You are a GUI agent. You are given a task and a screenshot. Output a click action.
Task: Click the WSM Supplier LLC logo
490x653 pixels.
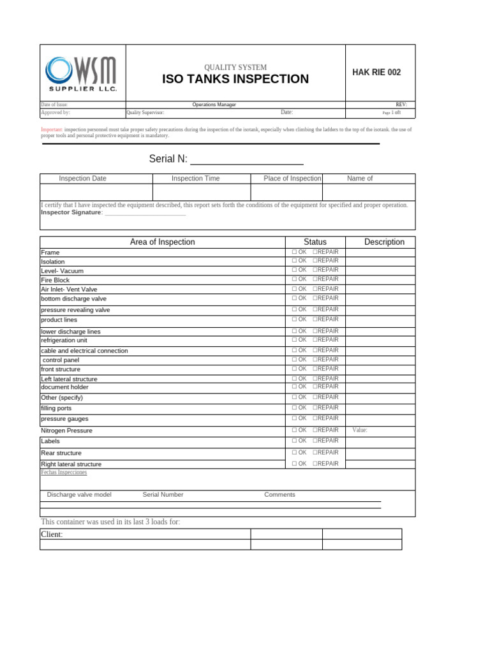point(82,73)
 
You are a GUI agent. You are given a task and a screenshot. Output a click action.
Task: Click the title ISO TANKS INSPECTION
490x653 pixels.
point(235,79)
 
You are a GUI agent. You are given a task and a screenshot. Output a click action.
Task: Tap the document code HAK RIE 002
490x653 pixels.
point(376,73)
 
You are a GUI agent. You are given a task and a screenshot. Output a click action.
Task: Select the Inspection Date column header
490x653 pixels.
point(82,179)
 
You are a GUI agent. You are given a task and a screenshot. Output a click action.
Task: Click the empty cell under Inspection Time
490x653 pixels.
point(201,193)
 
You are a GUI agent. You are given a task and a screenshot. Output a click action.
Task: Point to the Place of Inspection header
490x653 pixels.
point(292,179)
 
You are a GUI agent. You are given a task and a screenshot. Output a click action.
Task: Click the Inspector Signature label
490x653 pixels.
point(71,212)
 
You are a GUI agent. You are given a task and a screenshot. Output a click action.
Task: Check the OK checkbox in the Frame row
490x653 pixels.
point(294,252)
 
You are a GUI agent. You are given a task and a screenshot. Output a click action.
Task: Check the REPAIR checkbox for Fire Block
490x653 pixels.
point(315,279)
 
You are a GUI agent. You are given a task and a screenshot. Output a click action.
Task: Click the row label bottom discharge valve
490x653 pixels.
point(73,298)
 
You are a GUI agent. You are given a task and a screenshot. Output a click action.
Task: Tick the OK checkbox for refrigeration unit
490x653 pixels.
point(294,340)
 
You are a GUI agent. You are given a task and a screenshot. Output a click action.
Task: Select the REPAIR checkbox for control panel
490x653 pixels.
point(315,360)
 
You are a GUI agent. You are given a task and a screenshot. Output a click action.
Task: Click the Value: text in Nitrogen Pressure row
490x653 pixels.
point(360,430)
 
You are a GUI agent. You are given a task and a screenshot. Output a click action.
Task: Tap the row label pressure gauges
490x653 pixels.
point(64,419)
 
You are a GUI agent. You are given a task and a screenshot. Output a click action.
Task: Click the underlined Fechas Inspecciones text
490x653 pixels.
point(64,473)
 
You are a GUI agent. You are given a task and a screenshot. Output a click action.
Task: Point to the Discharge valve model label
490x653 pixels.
point(79,495)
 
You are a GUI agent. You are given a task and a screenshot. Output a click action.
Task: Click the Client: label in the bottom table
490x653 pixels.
point(52,534)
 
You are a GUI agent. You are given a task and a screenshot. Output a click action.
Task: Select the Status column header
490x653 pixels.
point(315,242)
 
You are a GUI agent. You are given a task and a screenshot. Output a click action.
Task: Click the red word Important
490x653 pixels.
point(51,129)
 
